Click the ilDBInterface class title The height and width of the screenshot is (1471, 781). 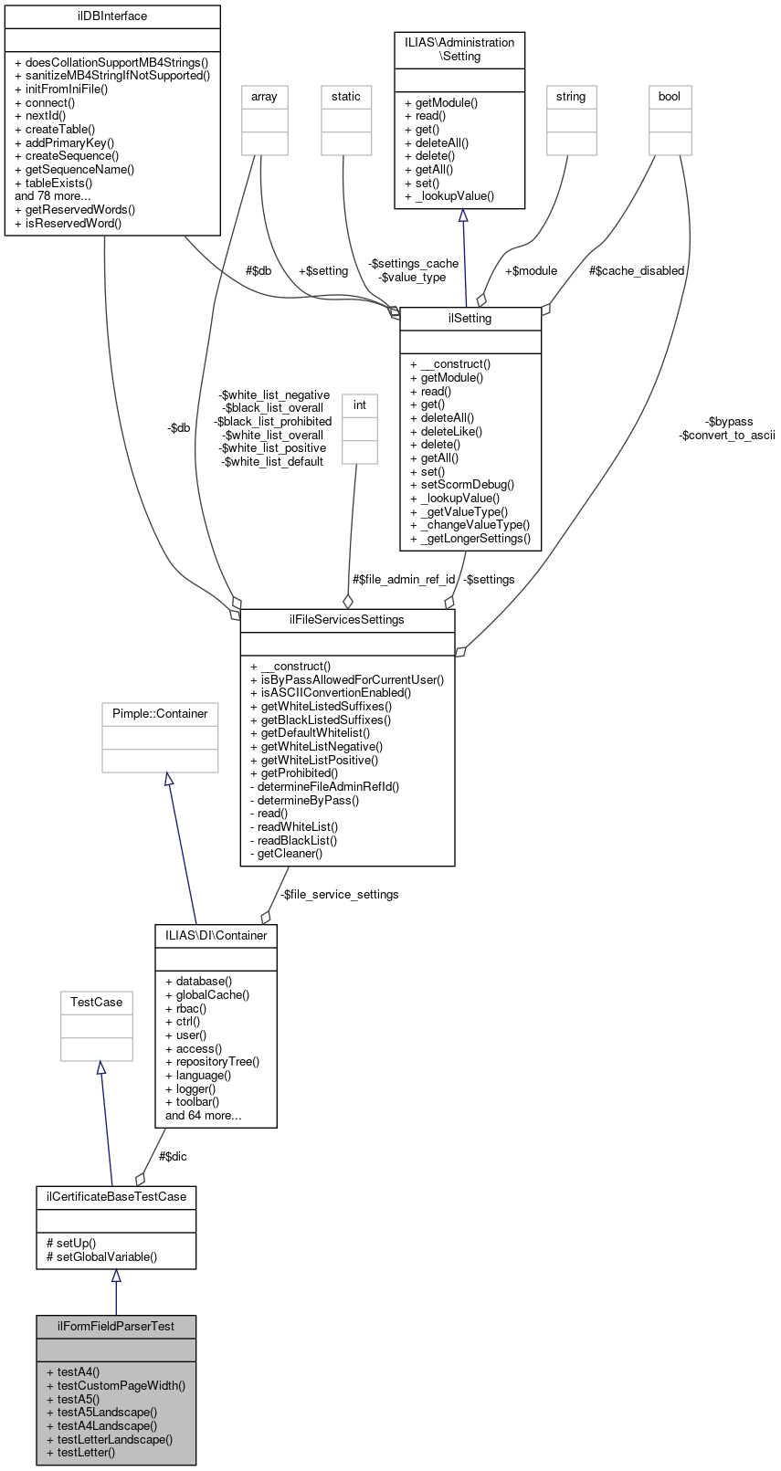tap(112, 16)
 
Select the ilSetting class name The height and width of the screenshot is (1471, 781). tap(470, 319)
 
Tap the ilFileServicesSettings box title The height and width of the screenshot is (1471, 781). tap(347, 620)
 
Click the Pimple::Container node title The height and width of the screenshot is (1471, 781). tap(160, 714)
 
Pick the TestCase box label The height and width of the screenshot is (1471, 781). tap(97, 1003)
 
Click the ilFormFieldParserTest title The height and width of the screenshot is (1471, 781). tap(116, 1327)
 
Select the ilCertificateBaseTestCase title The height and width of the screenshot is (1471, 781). tap(116, 1196)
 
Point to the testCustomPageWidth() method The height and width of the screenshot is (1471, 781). tap(121, 1385)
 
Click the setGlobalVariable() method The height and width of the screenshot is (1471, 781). tap(101, 1256)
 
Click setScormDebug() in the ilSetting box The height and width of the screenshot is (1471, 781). tap(462, 485)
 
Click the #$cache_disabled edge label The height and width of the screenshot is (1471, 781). tap(636, 271)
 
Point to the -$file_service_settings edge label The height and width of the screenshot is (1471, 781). tap(340, 895)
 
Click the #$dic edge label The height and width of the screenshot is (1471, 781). tap(173, 1156)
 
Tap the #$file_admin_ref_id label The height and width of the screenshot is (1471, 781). tap(404, 580)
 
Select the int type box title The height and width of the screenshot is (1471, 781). tap(360, 405)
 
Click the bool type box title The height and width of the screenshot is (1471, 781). tap(670, 97)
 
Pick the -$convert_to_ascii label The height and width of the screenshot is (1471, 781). tap(727, 436)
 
